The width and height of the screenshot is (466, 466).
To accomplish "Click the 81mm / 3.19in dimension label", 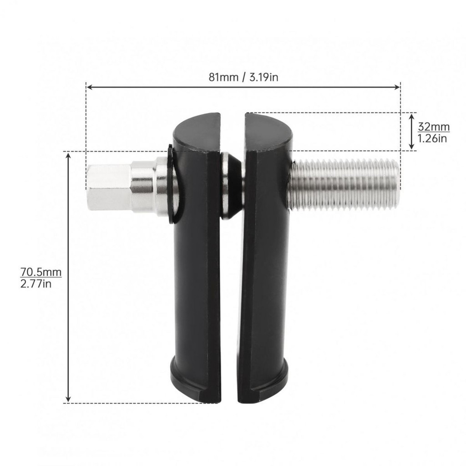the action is pyautogui.click(x=243, y=77).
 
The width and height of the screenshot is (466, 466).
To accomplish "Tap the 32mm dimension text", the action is pyautogui.click(x=434, y=127).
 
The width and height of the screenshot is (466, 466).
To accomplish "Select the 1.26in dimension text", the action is pyautogui.click(x=432, y=138).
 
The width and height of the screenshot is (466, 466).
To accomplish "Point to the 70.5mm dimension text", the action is pyautogui.click(x=41, y=272).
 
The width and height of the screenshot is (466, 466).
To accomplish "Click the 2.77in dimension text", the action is pyautogui.click(x=35, y=284).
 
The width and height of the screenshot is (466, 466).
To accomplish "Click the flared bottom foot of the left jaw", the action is pyautogui.click(x=196, y=380).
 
